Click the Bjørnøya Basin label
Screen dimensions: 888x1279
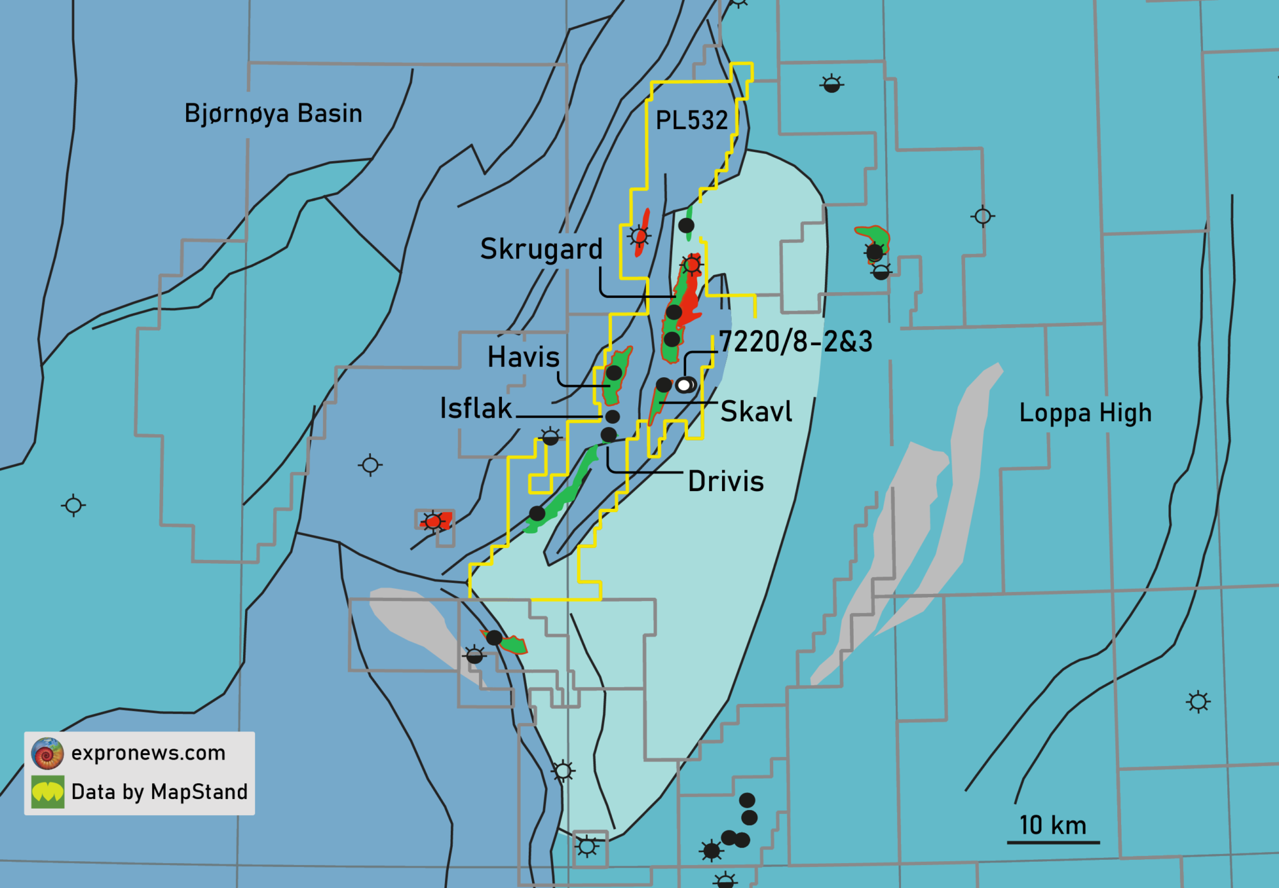coord(273,114)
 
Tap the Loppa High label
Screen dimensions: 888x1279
coord(1085,413)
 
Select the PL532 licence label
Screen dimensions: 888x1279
coord(692,120)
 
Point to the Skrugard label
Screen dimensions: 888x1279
coord(541,249)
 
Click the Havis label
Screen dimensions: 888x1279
coord(523,357)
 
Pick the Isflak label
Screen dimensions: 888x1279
coord(476,409)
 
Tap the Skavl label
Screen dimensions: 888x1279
coord(756,412)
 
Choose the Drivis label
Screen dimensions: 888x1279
coord(726,482)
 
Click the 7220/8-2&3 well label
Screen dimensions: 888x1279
coord(796,342)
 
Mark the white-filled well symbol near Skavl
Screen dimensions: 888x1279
coord(684,385)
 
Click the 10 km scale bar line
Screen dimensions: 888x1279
coord(1053,842)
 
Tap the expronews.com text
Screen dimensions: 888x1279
coord(148,753)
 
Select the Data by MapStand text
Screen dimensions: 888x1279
coord(159,792)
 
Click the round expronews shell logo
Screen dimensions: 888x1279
coord(47,753)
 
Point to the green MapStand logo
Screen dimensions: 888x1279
coord(48,792)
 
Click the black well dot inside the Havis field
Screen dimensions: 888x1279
coord(614,373)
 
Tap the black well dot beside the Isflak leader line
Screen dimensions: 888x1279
coord(612,417)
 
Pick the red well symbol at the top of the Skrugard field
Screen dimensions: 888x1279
coord(691,264)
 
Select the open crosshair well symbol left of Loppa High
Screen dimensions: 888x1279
coord(983,217)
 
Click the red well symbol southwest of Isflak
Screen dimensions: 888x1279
coord(434,522)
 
